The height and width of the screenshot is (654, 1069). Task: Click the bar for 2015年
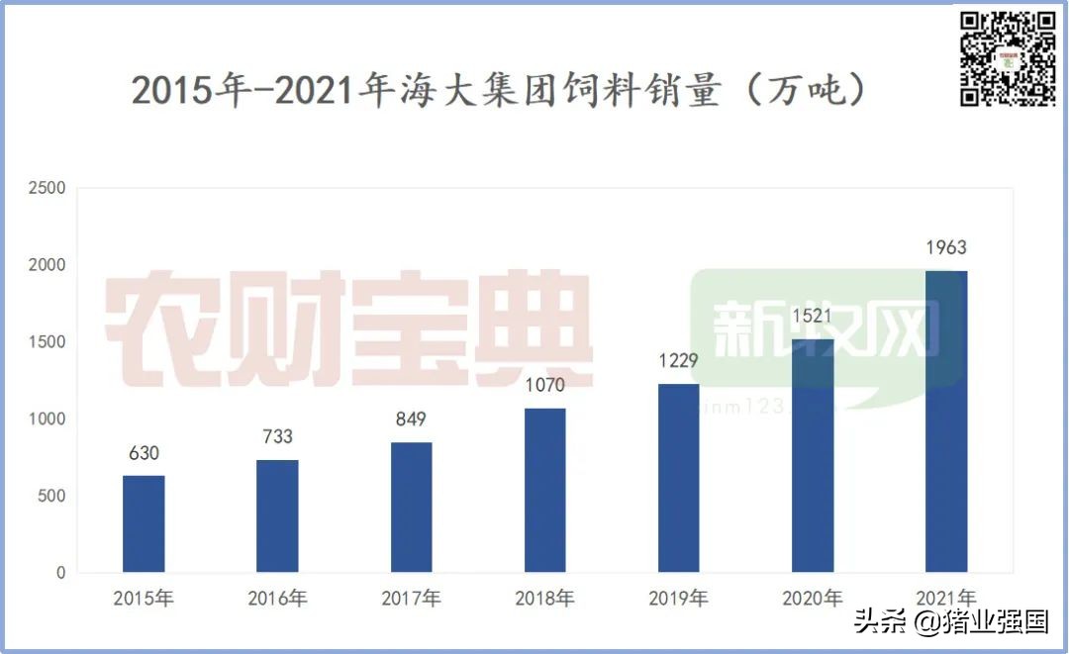[x=144, y=523]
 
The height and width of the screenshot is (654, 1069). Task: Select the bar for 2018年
[x=544, y=490]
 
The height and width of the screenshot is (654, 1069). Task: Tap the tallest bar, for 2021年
[x=946, y=420]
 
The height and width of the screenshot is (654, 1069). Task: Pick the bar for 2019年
[x=679, y=478]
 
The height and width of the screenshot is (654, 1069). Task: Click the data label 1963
[x=945, y=248]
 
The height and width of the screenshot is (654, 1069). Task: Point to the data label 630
[x=144, y=454]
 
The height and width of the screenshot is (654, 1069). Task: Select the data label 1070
[x=544, y=386]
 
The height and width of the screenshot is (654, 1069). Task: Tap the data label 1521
[x=812, y=318]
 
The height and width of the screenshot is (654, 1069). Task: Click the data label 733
[x=277, y=437]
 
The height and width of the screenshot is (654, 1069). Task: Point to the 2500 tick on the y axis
[x=48, y=188]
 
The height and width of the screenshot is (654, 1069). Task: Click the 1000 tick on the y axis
[x=48, y=419]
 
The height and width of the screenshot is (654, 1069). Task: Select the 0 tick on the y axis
[x=60, y=573]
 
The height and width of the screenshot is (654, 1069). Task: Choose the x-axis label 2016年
[x=277, y=599]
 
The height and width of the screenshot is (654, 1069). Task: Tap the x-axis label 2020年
[x=812, y=599]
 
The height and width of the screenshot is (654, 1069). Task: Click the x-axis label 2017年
[x=411, y=599]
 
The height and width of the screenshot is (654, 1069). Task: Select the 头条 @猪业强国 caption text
[x=951, y=622]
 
